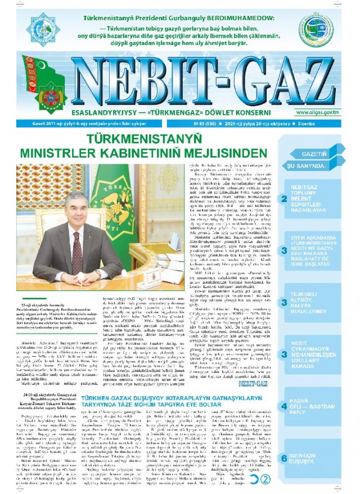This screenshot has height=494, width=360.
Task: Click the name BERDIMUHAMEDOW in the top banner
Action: [228, 19]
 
